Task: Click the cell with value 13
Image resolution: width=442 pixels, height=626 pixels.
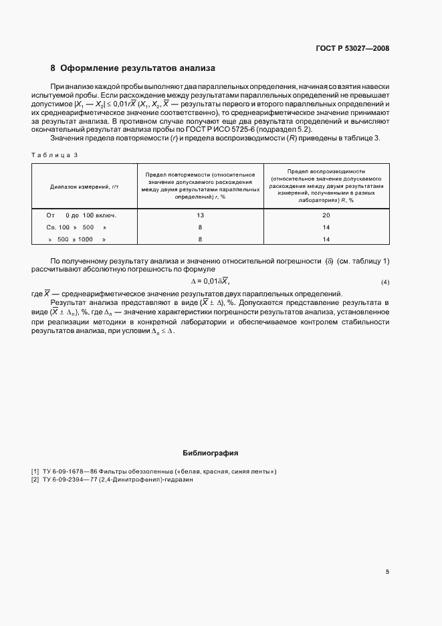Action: pos(201,215)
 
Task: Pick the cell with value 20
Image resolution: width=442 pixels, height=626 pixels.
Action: pos(326,215)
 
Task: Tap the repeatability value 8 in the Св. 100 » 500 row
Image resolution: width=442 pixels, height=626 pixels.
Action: pos(201,227)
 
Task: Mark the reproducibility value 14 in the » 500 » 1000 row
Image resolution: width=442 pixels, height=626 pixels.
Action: pos(326,239)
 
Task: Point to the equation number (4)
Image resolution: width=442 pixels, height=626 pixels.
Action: pos(384,282)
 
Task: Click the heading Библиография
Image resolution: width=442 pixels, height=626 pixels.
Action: pos(210,453)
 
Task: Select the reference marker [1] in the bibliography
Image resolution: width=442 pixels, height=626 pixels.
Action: pos(35,472)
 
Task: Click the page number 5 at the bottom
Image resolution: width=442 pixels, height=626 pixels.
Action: pos(387,572)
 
